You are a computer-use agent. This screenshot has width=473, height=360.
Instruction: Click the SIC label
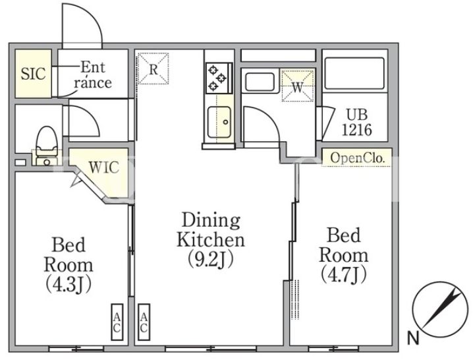click(x=33, y=73)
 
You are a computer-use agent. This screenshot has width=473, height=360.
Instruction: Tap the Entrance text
click(x=93, y=75)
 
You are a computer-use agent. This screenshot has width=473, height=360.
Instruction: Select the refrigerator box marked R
click(x=153, y=69)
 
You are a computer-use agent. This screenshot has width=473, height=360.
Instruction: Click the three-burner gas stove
click(x=219, y=78)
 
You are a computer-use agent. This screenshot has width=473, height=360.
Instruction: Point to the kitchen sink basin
click(x=219, y=121)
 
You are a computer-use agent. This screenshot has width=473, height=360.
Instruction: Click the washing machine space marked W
click(x=297, y=85)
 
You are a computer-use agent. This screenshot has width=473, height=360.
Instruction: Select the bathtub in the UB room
click(x=354, y=73)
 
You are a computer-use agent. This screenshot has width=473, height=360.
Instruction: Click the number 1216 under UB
click(x=356, y=130)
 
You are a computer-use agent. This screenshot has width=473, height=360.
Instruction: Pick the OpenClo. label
click(x=357, y=158)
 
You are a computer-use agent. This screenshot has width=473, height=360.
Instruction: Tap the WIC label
click(x=104, y=167)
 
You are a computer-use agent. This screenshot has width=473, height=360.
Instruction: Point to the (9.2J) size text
click(x=211, y=259)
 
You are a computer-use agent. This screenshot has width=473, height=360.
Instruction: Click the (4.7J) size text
click(x=343, y=274)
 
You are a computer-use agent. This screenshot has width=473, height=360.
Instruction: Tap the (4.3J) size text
click(x=68, y=284)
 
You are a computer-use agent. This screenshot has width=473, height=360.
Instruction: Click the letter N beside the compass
click(x=413, y=338)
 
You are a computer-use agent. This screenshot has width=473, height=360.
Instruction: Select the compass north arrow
click(x=441, y=309)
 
